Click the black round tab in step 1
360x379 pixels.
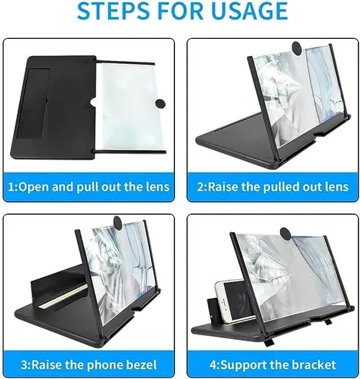pyautogui.click(x=160, y=103)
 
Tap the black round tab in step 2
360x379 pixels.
pyautogui.click(x=298, y=47)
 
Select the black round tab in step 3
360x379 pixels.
pyautogui.click(x=119, y=222)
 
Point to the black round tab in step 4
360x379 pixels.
pyautogui.click(x=287, y=234)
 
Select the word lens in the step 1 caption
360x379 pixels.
pyautogui.click(x=158, y=187)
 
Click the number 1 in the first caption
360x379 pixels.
pyautogui.click(x=12, y=187)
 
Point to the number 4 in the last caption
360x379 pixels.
pyautogui.click(x=212, y=365)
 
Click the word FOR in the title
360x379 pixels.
pyautogui.click(x=177, y=11)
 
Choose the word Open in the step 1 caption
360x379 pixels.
pyautogui.click(x=33, y=188)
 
